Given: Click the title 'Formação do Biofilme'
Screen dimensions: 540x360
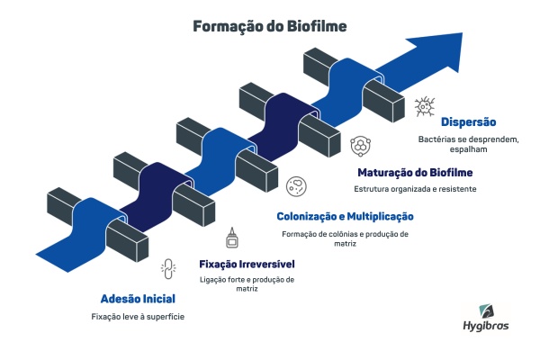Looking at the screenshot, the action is [270, 26].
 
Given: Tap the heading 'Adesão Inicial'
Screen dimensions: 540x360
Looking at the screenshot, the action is [138, 299].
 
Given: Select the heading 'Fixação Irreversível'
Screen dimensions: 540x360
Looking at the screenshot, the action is [247, 265].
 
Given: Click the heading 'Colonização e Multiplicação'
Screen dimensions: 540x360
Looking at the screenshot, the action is [345, 216].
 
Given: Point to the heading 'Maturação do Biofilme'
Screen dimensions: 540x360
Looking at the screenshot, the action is [415, 172].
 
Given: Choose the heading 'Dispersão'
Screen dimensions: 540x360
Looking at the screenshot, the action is [468, 122].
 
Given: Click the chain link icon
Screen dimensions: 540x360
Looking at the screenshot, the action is [168, 269].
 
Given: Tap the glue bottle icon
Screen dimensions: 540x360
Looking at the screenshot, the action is [232, 238].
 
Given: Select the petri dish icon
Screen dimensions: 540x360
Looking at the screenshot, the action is [296, 186].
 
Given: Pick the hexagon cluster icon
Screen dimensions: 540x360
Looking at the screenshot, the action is [361, 146].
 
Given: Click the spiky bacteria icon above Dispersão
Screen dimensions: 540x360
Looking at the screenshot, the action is [425, 106].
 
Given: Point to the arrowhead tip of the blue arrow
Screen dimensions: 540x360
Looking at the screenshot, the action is [463, 33].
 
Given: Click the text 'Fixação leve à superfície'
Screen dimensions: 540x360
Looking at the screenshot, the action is [138, 317].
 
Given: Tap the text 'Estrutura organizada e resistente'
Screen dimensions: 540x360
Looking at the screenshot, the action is [415, 189].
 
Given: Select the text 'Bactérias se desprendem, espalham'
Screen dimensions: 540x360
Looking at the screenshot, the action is [468, 144].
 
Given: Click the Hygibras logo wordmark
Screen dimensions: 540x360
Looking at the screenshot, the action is [486, 326].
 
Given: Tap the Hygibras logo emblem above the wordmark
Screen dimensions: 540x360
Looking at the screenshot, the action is [487, 311].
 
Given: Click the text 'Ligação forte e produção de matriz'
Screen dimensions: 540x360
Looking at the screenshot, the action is [247, 283].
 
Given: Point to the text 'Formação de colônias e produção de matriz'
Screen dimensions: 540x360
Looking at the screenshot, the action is [345, 238].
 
